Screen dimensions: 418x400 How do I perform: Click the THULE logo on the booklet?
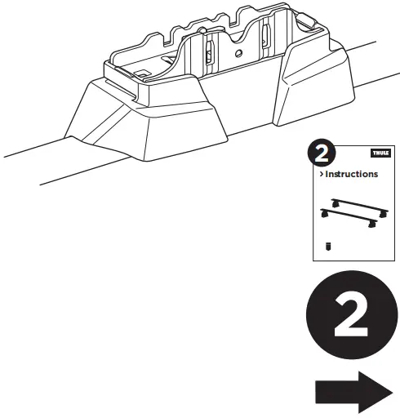(381, 153)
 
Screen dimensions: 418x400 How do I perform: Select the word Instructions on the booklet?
(352, 174)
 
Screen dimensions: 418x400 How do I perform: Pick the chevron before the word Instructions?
(320, 174)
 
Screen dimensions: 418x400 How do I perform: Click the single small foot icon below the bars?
(328, 245)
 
